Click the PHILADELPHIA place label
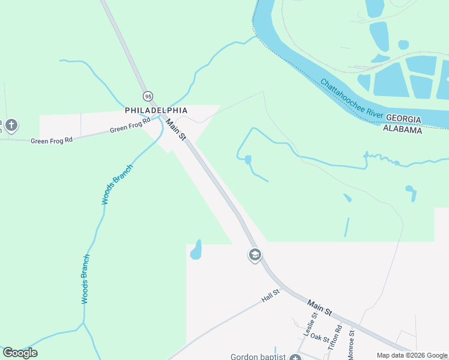[156, 110]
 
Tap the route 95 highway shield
[148, 95]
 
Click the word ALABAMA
[403, 130]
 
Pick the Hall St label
[271, 296]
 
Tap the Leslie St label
[309, 328]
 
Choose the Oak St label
[321, 339]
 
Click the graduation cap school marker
[255, 255]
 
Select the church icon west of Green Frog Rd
[11, 125]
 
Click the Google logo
[20, 353]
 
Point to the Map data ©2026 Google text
[412, 355]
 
